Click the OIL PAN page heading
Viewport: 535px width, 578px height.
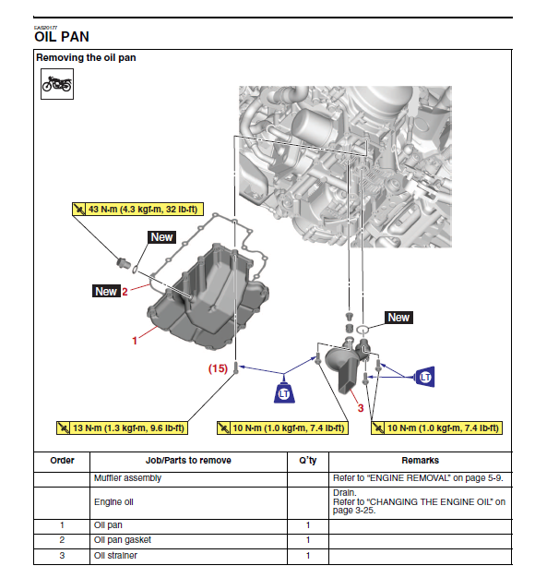coord(62,37)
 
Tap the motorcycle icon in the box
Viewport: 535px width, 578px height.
coord(56,84)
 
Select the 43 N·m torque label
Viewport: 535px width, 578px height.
coord(137,209)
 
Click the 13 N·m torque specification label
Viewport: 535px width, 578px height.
coord(122,428)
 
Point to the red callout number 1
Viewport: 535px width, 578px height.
coord(135,340)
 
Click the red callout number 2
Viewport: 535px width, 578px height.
coord(125,292)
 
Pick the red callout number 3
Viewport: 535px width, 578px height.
coord(361,408)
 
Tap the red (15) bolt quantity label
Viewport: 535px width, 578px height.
coord(218,368)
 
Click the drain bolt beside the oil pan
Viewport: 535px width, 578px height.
coord(124,263)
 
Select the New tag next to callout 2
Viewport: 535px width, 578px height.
coord(106,291)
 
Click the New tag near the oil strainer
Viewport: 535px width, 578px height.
coord(398,318)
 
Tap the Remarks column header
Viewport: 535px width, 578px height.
coord(420,461)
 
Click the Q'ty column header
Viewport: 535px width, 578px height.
coord(308,461)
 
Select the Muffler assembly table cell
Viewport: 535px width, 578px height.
coord(127,478)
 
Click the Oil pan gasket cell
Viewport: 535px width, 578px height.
coord(123,540)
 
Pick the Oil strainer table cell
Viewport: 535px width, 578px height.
coord(115,556)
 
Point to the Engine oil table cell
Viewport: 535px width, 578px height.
coord(113,502)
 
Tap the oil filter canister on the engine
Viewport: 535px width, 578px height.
coord(313,126)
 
